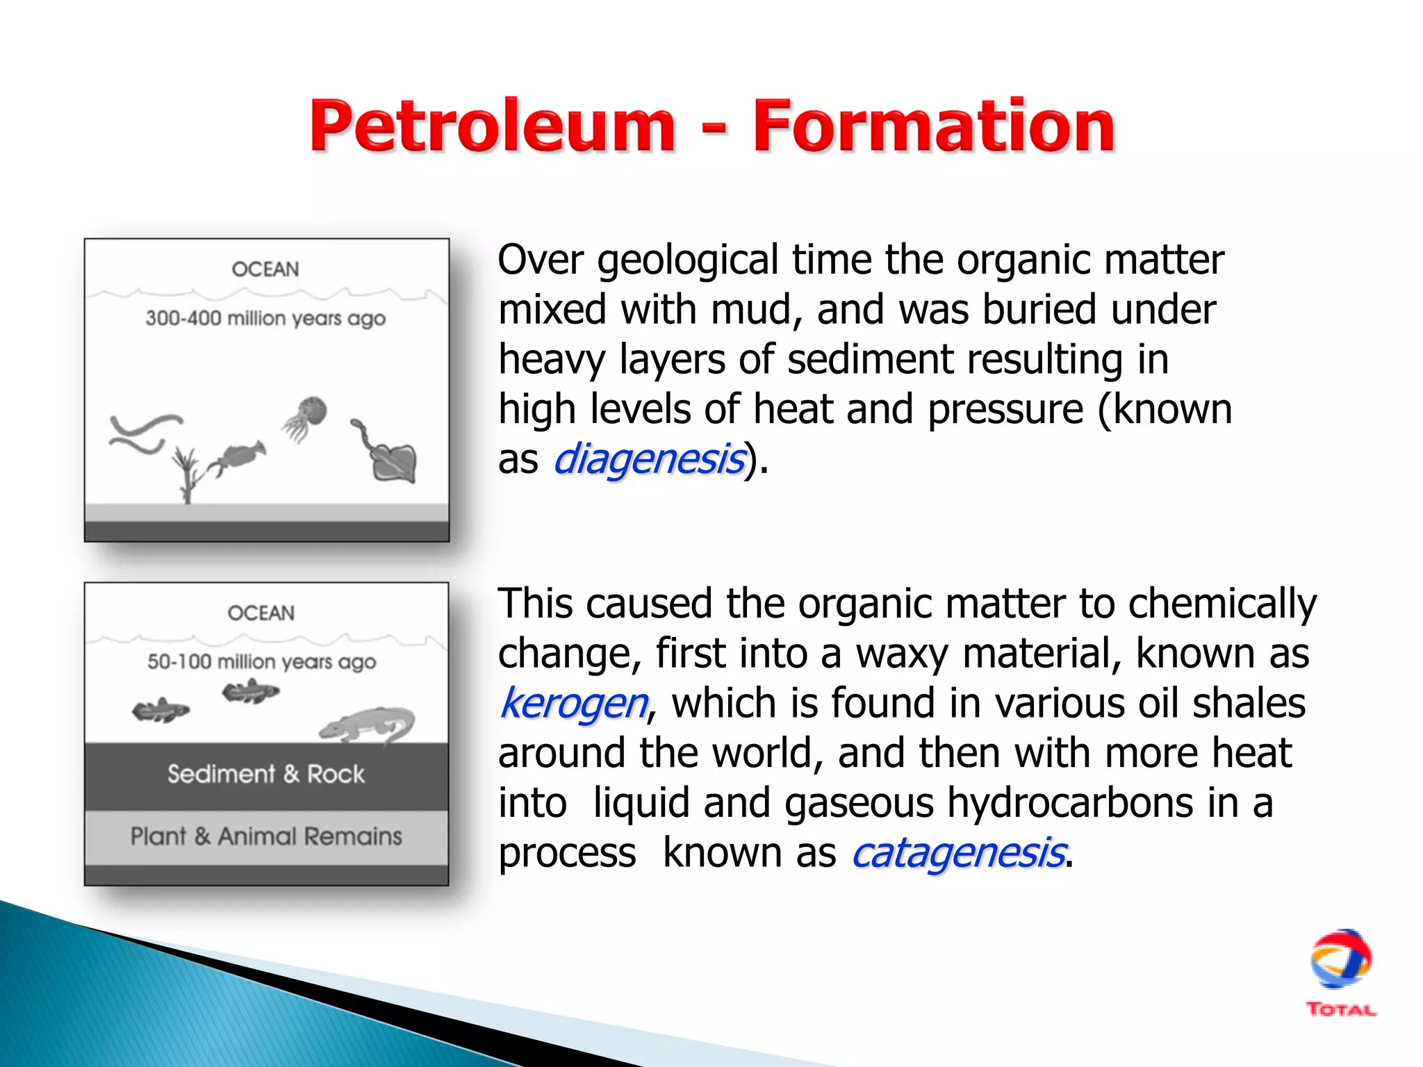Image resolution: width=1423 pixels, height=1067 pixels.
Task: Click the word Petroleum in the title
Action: click(x=492, y=126)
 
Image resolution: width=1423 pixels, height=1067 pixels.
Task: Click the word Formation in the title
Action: click(x=934, y=126)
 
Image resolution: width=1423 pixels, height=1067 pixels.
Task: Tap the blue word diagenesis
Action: click(x=649, y=460)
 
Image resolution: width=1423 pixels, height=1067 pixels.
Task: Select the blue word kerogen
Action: click(x=574, y=703)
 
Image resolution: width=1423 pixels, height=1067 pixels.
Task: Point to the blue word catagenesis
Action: click(x=958, y=853)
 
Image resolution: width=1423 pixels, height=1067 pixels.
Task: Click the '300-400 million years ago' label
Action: click(x=265, y=318)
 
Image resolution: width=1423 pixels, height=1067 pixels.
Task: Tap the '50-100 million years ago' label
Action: click(x=262, y=661)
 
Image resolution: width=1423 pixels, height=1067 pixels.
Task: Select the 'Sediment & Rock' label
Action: click(x=265, y=774)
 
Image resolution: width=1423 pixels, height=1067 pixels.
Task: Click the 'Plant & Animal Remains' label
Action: click(x=266, y=836)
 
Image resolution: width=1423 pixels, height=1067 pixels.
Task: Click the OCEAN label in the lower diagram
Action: click(x=261, y=613)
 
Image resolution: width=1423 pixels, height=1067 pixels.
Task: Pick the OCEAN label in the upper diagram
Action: click(x=265, y=269)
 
